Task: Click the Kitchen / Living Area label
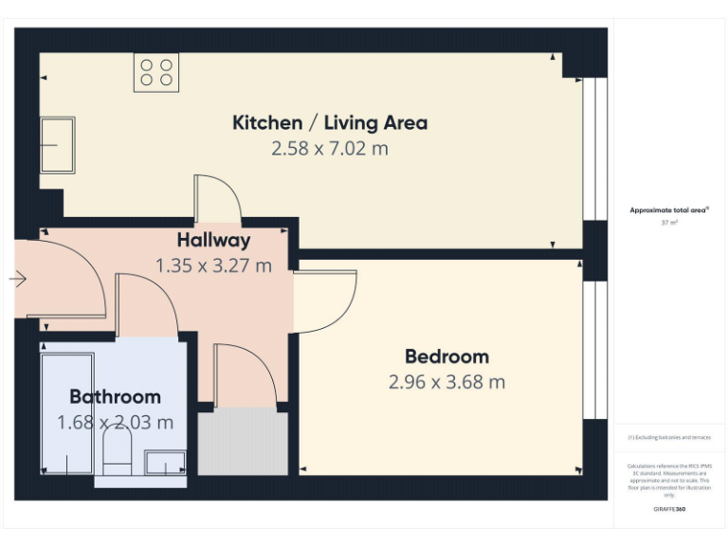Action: (330, 122)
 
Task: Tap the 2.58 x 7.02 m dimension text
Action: (330, 149)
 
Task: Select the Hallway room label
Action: (213, 240)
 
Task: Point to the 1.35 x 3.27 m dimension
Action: (213, 265)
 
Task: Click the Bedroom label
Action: (446, 356)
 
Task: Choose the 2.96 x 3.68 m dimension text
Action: (446, 382)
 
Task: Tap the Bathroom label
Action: (115, 396)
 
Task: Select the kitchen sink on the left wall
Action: (56, 145)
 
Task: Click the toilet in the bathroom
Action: (117, 452)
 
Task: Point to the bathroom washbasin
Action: (165, 462)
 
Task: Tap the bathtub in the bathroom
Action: (67, 413)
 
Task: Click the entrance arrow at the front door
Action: (18, 279)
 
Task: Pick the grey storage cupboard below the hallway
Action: (242, 442)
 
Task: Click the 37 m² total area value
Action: (669, 223)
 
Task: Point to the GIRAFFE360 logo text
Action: (669, 510)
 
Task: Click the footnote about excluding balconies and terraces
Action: (669, 437)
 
